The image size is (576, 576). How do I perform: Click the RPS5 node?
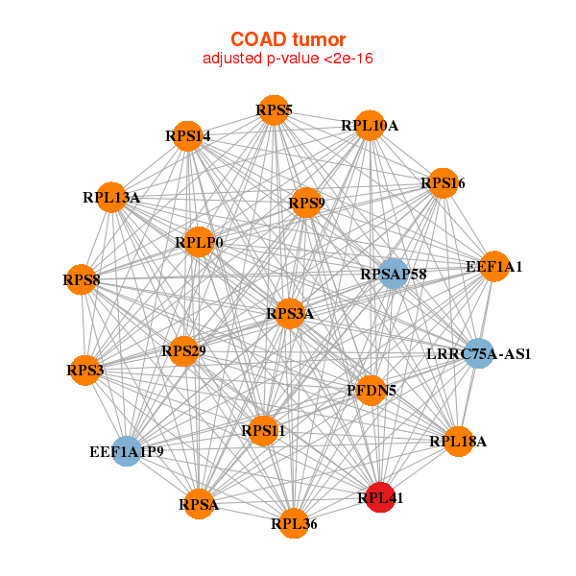tap(274, 110)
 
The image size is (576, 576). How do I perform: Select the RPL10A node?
tap(370, 126)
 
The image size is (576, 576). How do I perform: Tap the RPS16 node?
tap(442, 182)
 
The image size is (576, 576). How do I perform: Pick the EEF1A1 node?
tap(493, 266)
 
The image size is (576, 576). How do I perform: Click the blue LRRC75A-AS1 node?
tap(478, 353)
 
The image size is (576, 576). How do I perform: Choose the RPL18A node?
tap(459, 441)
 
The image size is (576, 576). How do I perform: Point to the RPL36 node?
tap(294, 523)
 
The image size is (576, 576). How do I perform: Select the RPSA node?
tap(199, 503)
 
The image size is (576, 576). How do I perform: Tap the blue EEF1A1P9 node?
tap(126, 450)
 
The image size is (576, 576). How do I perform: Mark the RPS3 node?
tap(84, 370)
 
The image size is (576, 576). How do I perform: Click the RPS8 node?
tap(81, 280)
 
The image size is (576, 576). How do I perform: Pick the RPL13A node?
tap(111, 198)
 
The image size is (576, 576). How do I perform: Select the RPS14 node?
tap(187, 135)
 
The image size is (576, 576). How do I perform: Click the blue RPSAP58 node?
tap(394, 275)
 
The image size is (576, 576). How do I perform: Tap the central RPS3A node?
tap(290, 313)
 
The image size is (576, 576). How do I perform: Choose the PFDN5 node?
tap(372, 390)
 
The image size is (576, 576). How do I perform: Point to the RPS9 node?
tap(306, 203)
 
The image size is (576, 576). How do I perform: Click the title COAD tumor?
tap(288, 38)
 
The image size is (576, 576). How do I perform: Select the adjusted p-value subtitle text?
tap(288, 59)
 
